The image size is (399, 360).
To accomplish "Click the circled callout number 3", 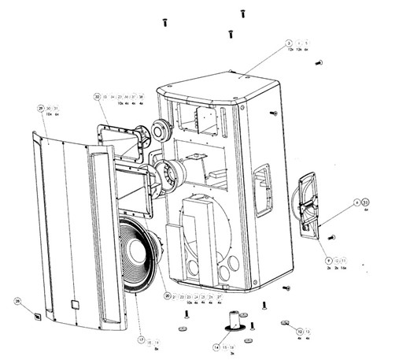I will tap(289, 43).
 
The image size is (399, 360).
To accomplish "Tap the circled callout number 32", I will tap(98, 97).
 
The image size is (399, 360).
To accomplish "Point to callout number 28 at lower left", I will tap(17, 301).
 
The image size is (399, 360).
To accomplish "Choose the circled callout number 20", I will tap(168, 296).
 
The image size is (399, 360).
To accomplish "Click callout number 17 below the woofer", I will tap(142, 340).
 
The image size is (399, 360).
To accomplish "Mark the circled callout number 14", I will tap(216, 347).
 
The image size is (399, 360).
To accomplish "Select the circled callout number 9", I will tap(328, 259).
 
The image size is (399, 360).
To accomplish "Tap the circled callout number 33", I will tap(364, 202).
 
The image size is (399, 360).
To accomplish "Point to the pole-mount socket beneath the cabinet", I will tap(235, 319).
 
